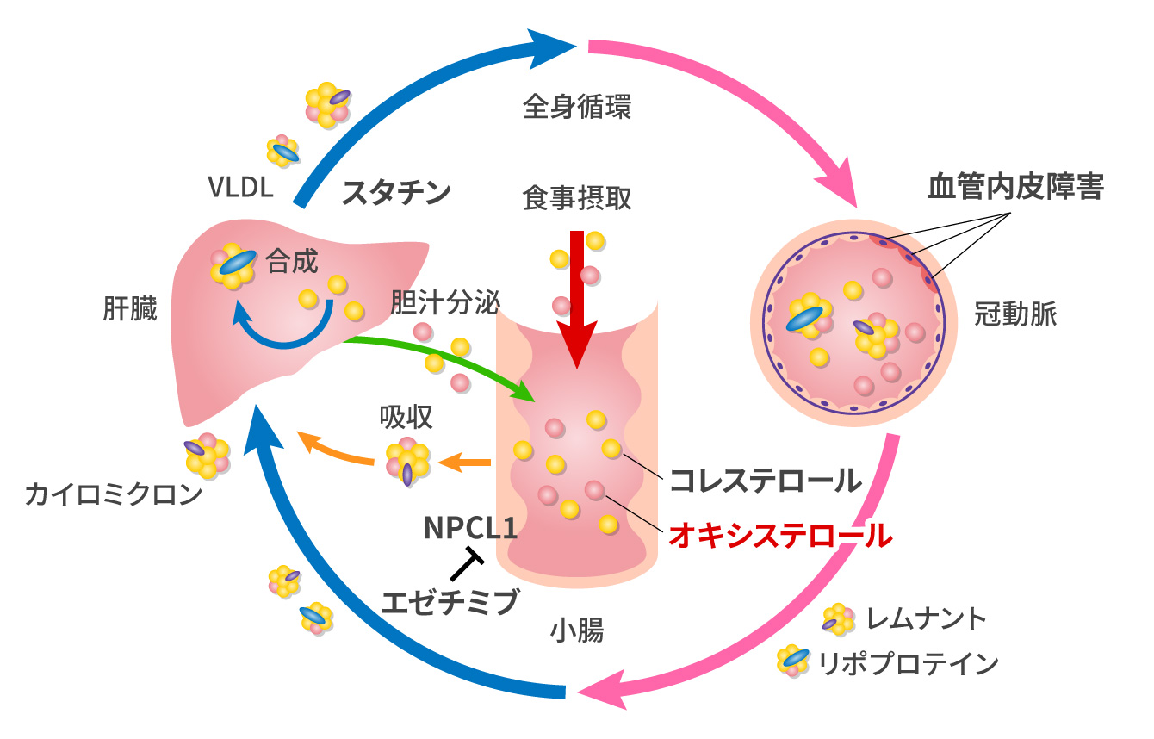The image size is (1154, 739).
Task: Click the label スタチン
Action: [x=396, y=192]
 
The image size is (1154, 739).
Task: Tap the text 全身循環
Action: [x=577, y=107]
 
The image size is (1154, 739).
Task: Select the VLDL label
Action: [x=241, y=186]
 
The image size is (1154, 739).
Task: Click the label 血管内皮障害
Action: [x=1014, y=187]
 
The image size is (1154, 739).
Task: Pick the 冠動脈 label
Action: [x=1015, y=314]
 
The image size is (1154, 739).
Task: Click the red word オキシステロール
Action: [x=780, y=536]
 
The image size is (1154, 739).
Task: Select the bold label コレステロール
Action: [x=766, y=480]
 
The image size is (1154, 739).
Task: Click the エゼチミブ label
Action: [x=451, y=600]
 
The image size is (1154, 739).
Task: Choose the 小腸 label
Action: [x=577, y=631]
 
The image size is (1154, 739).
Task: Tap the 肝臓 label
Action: [x=130, y=309]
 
